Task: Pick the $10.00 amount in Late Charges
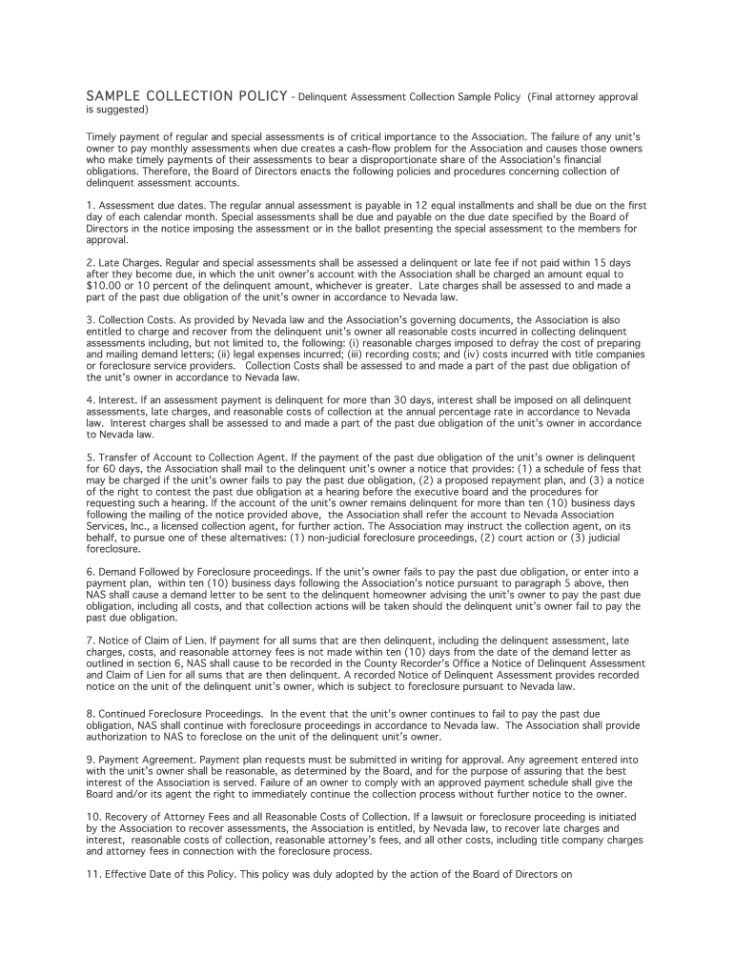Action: coord(102,284)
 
